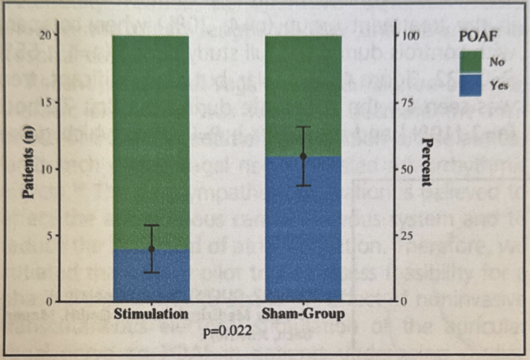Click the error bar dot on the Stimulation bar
151,249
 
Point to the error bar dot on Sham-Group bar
303,156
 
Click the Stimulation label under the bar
151,313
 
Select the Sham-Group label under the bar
303,313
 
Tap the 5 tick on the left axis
45,235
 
